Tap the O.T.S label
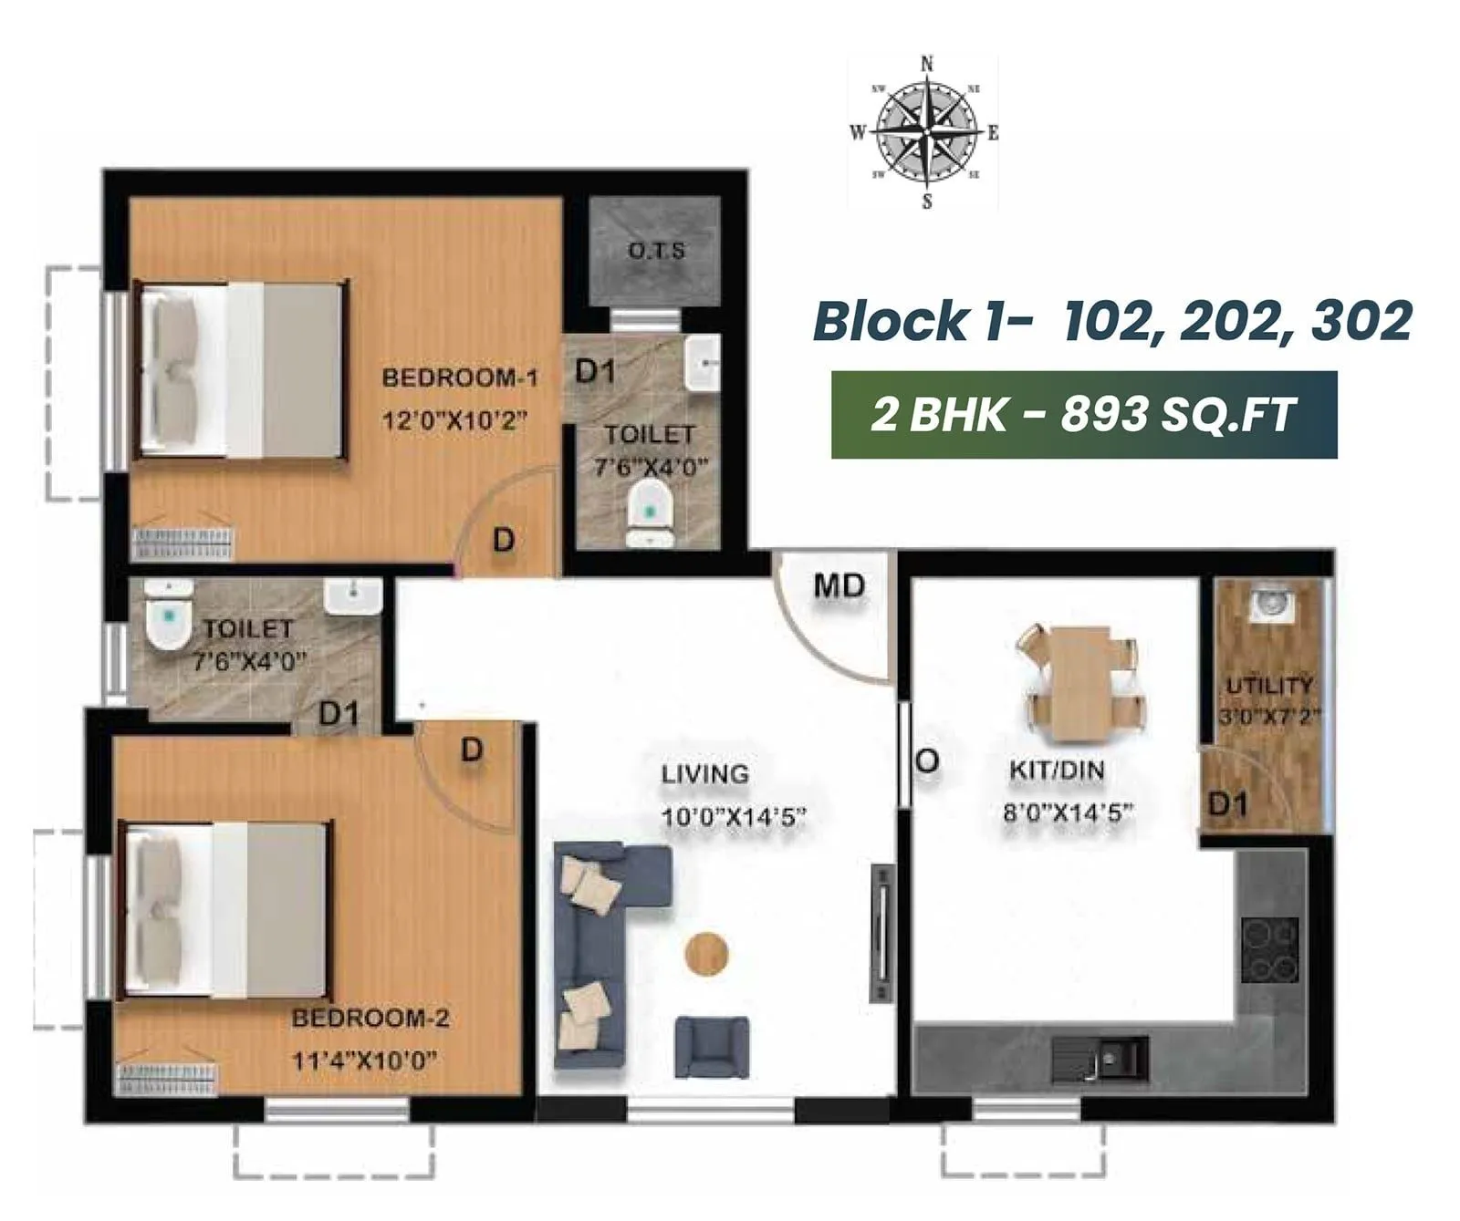click(x=656, y=250)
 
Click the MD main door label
click(x=839, y=585)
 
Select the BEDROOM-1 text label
click(x=460, y=378)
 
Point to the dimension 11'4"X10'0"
click(x=363, y=1061)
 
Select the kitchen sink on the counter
click(x=1100, y=1060)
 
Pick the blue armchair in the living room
click(x=712, y=1047)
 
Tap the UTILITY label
click(x=1269, y=686)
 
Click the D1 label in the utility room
click(x=1227, y=804)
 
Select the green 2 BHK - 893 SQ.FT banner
click(x=1083, y=415)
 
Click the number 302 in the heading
click(x=1361, y=321)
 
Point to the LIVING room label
click(x=704, y=774)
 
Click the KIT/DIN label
click(x=1057, y=771)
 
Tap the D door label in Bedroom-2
click(x=471, y=750)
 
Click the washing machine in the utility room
click(x=1268, y=603)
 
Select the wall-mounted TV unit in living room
click(x=881, y=935)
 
